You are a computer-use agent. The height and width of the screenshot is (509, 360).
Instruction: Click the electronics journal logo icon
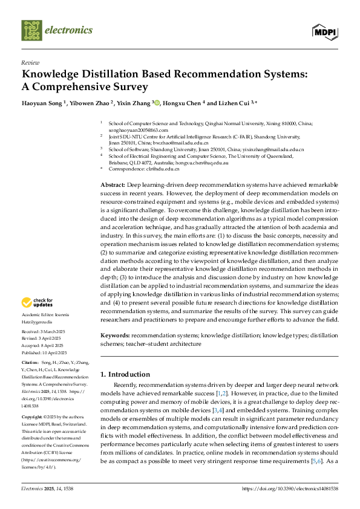(31, 30)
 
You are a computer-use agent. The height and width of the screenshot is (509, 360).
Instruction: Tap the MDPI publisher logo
(324, 31)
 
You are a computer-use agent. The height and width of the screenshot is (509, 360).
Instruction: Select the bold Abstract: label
(112, 184)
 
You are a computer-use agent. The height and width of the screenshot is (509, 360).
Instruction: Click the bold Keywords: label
(114, 334)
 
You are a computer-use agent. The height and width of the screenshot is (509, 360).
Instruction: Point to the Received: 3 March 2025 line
(45, 332)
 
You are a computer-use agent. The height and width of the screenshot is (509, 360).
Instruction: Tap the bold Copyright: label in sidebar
(33, 417)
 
